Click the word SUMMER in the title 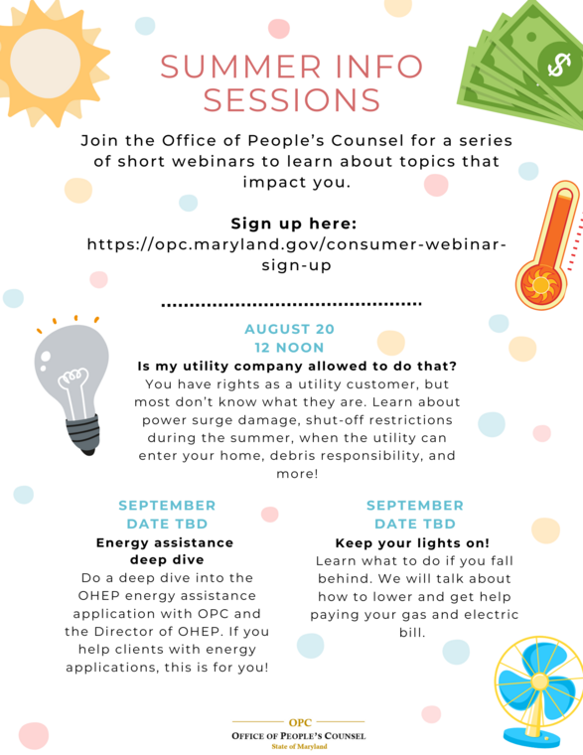coord(230,67)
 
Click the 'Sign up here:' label coord(293,223)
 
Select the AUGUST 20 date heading coord(289,329)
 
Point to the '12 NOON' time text coord(289,348)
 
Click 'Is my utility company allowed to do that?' coord(296,366)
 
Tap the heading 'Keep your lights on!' coord(412,542)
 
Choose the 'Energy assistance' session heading coord(165,542)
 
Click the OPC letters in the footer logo coord(299,723)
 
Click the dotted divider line coord(291,303)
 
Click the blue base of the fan coord(531,737)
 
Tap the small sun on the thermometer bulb coord(540,285)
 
